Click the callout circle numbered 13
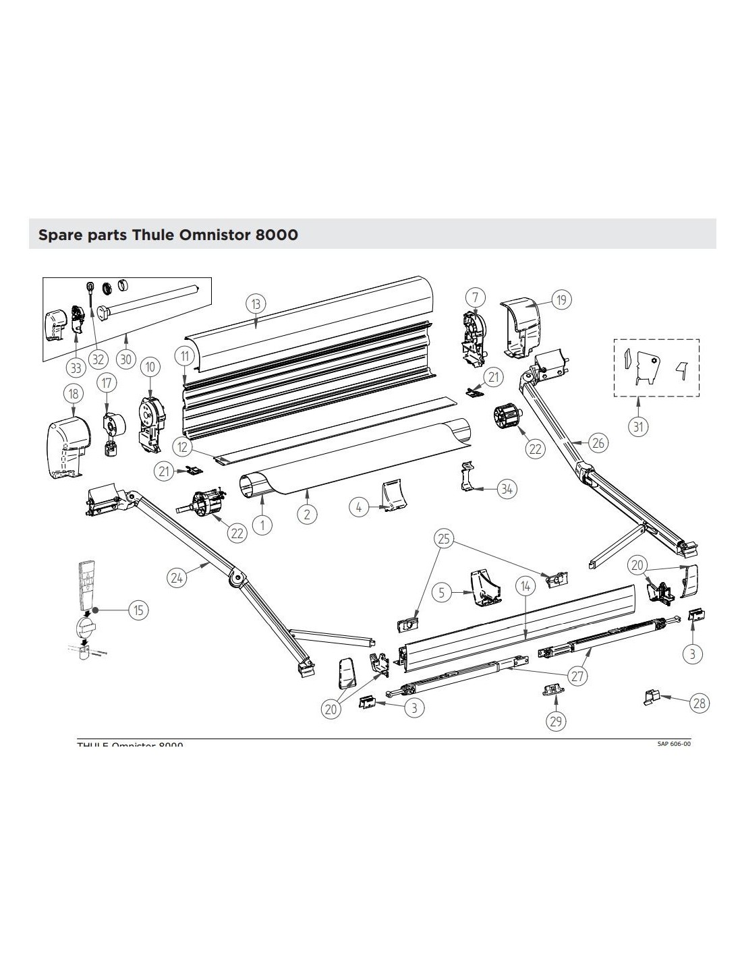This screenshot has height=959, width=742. tap(256, 305)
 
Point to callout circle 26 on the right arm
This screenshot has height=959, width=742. tap(598, 442)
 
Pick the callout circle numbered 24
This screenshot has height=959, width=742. tap(177, 577)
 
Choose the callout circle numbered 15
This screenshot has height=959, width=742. tap(138, 610)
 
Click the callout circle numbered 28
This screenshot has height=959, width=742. tap(700, 703)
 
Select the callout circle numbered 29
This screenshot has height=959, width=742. tap(556, 721)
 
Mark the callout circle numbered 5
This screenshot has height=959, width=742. tap(443, 593)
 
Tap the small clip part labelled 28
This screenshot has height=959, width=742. tap(652, 697)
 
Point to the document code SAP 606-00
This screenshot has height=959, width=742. tap(674, 743)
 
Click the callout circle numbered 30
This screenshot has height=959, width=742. tap(126, 359)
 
